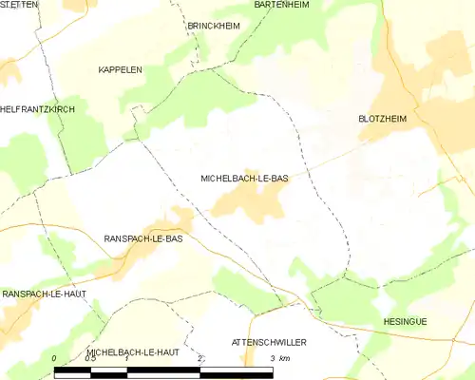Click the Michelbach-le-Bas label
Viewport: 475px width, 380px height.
244,178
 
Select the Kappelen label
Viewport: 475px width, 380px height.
121,70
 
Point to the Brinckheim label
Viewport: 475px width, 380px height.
214,26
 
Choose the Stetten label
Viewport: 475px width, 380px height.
19,5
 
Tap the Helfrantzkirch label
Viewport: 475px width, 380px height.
37,110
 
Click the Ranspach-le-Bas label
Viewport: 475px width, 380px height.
142,238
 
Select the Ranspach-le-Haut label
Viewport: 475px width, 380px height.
44,294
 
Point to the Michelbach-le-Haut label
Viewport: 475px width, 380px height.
133,351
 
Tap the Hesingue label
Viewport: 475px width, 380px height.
406,322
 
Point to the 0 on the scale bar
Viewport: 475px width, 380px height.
55,358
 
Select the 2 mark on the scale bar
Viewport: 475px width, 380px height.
200,358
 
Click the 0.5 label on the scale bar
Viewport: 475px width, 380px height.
89,358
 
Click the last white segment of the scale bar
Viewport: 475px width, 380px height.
237,371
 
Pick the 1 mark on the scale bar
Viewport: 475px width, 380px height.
127,358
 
